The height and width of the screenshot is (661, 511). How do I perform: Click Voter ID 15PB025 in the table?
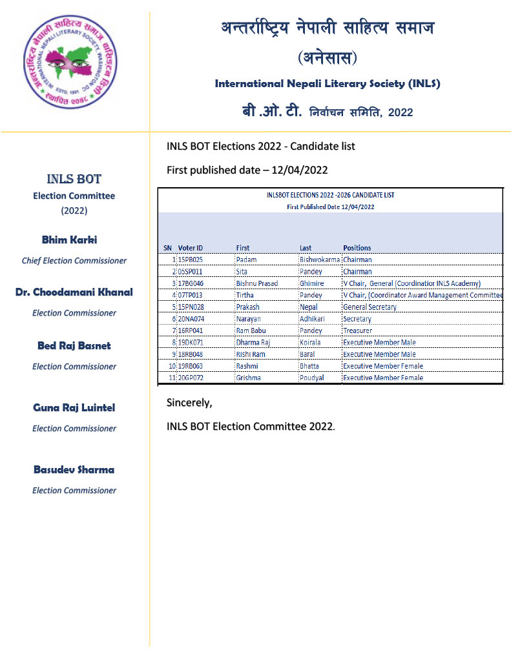pyautogui.click(x=191, y=259)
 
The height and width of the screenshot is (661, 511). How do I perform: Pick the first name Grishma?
pyautogui.click(x=249, y=378)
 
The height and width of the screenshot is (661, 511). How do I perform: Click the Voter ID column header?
pyautogui.click(x=191, y=248)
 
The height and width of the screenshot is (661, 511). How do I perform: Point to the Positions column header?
pyautogui.click(x=357, y=248)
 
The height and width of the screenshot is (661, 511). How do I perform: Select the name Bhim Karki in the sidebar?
pyautogui.click(x=70, y=240)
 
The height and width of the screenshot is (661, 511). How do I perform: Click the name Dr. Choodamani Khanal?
pyautogui.click(x=74, y=292)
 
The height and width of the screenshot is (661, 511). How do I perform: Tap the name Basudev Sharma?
pyautogui.click(x=74, y=470)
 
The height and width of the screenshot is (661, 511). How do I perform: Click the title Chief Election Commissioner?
pyautogui.click(x=74, y=261)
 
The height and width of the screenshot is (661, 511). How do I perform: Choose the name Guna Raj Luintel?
pyautogui.click(x=74, y=408)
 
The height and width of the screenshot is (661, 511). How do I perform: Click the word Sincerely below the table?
pyautogui.click(x=189, y=403)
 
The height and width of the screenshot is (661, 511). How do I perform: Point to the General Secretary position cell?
pyautogui.click(x=370, y=307)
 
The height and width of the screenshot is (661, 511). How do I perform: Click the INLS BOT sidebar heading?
pyautogui.click(x=74, y=179)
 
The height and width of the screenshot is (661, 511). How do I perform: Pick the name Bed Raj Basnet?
pyautogui.click(x=74, y=346)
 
